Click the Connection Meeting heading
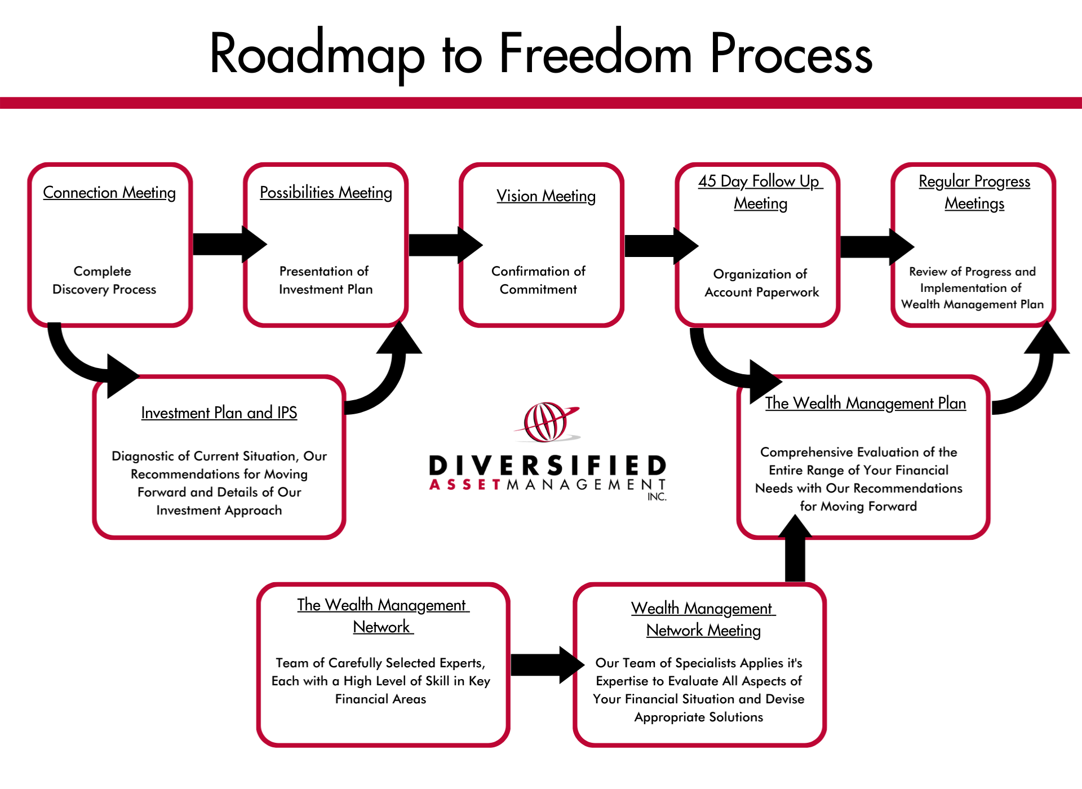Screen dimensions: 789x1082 pos(109,193)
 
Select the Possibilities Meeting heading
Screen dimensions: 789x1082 pos(326,193)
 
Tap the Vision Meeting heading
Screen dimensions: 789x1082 pos(546,196)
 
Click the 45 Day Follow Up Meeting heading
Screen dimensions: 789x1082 pos(760,192)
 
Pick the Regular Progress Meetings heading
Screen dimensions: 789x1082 pos(974,192)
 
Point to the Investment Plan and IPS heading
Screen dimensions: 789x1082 pos(219,413)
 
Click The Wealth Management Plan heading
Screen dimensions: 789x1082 pos(865,404)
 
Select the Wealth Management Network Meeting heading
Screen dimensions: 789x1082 pos(703,619)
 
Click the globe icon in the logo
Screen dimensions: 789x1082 pos(545,422)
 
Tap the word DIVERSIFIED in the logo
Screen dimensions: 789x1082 pos(547,466)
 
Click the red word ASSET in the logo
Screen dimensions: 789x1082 pos(465,485)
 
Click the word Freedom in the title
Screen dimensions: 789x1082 pos(595,55)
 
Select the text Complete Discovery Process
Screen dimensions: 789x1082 pos(104,280)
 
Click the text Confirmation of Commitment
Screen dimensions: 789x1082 pos(538,280)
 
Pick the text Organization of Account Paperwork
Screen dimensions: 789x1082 pos(761,283)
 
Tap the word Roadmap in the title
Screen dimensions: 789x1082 pos(317,55)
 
